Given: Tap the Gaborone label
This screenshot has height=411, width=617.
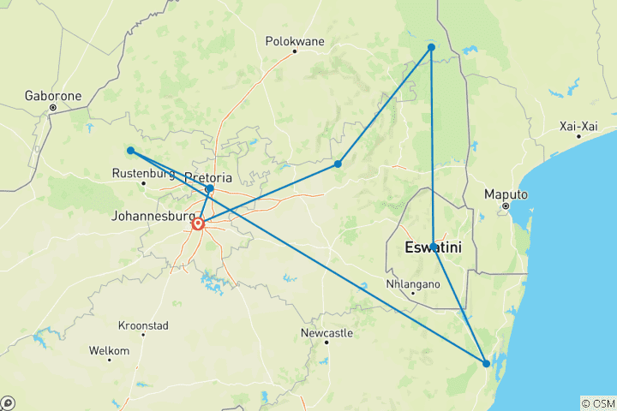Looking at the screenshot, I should [x=53, y=96].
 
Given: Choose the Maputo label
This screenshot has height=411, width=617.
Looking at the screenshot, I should [x=505, y=194].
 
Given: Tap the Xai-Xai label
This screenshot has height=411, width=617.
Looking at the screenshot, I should [x=578, y=126].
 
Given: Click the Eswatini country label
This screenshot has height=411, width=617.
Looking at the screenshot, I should [x=433, y=247].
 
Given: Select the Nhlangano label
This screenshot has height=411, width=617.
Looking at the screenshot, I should [x=412, y=283].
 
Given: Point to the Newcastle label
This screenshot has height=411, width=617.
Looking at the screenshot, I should [x=326, y=332].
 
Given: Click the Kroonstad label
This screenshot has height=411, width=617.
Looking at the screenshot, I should [x=142, y=326].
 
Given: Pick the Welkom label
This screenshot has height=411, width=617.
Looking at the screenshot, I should [x=109, y=351].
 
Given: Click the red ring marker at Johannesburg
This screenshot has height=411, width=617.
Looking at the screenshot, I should [x=198, y=223].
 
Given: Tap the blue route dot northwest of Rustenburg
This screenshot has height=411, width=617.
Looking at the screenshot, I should [x=130, y=151].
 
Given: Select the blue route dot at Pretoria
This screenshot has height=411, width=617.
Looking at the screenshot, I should [x=210, y=188].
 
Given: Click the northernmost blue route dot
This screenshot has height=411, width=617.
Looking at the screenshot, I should [x=431, y=47].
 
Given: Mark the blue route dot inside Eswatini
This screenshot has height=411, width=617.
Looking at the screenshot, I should [x=434, y=247].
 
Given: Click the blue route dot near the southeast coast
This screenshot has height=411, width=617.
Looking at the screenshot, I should [x=486, y=364].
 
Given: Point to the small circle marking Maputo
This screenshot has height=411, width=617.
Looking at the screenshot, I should [x=506, y=206].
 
